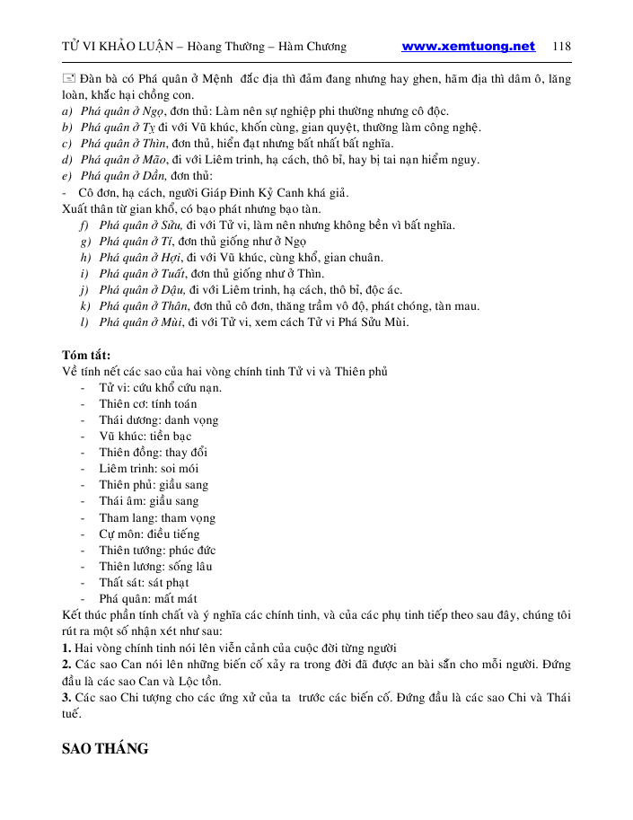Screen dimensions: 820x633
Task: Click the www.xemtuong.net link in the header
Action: pos(468,47)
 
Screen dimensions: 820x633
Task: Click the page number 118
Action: pos(562,47)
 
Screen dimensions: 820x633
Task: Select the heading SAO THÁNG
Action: pos(105,748)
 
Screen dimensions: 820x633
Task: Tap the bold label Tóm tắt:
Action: pos(86,355)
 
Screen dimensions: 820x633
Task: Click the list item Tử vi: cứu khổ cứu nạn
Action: pos(160,387)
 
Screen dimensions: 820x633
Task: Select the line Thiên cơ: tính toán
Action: pos(148,403)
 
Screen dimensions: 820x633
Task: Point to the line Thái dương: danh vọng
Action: pos(158,419)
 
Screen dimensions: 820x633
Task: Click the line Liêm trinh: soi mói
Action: pos(149,468)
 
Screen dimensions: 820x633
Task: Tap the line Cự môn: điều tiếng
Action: pos(149,533)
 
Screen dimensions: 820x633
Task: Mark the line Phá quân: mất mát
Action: pos(148,598)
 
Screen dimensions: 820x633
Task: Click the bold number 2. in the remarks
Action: pos(66,664)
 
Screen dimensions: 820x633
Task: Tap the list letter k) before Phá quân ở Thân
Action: pos(84,305)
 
